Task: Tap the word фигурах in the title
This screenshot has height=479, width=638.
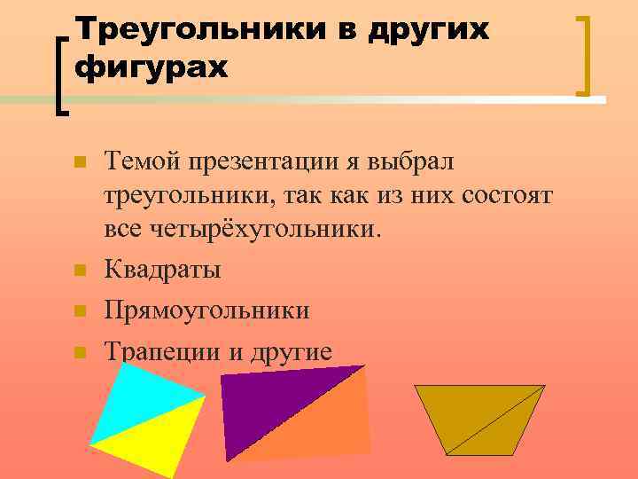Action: [152, 67]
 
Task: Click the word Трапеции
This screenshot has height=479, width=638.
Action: [162, 352]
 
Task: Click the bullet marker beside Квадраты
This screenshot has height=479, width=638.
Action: [79, 271]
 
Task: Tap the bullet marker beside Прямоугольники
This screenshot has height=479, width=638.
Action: [79, 311]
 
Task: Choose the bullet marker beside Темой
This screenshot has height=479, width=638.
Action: [79, 163]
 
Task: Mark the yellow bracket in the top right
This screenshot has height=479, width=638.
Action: [586, 54]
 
